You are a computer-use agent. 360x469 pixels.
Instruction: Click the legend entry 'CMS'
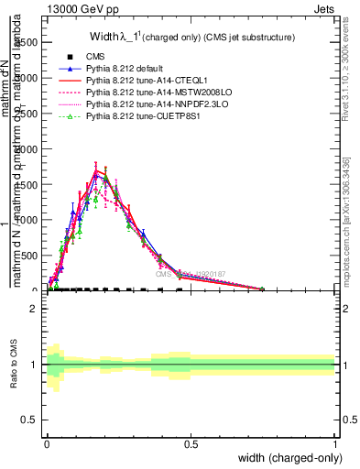(96, 58)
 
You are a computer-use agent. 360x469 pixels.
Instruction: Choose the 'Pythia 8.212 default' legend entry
(129, 70)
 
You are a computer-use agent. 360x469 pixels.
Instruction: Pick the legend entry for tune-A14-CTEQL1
(147, 82)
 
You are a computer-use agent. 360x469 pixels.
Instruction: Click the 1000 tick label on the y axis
(27, 220)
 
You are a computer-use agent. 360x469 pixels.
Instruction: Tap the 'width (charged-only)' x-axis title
(287, 457)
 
